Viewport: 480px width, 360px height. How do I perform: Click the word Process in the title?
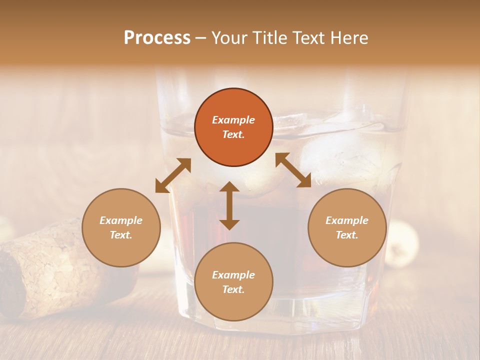(157, 38)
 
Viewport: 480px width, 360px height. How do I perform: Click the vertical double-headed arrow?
(229, 205)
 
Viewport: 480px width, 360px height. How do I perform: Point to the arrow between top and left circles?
(173, 175)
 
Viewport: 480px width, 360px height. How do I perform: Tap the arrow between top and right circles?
(293, 170)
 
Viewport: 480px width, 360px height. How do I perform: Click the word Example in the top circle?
(233, 120)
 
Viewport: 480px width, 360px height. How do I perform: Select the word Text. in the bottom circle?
(233, 289)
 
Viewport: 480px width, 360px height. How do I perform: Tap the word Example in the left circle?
(121, 220)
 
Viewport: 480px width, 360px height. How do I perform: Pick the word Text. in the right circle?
(347, 235)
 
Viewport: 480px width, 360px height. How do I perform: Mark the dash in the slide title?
(200, 38)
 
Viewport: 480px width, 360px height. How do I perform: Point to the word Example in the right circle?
(347, 220)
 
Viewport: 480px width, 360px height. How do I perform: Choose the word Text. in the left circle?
(121, 235)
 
